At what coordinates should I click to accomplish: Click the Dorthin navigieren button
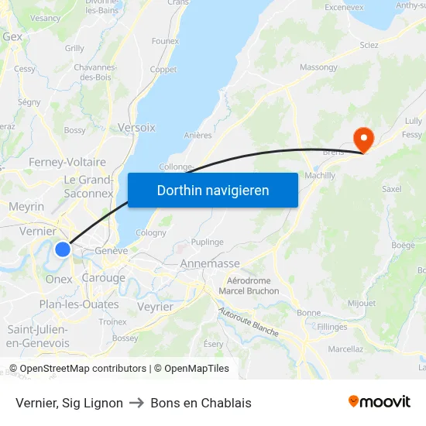pyautogui.click(x=213, y=190)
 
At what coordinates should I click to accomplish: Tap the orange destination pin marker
pyautogui.click(x=362, y=139)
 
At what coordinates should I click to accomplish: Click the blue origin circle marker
pyautogui.click(x=63, y=249)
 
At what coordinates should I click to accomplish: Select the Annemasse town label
pyautogui.click(x=209, y=263)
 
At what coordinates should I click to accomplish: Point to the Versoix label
pyautogui.click(x=136, y=127)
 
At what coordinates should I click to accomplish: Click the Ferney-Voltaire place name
pyautogui.click(x=67, y=162)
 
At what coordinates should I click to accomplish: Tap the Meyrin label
pyautogui.click(x=26, y=207)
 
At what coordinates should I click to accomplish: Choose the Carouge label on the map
pyautogui.click(x=103, y=278)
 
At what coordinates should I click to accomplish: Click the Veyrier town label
pyautogui.click(x=154, y=307)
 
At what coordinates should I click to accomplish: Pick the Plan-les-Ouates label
pyautogui.click(x=79, y=304)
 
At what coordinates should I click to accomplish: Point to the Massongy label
pyautogui.click(x=318, y=68)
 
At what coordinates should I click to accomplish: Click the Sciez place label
pyautogui.click(x=369, y=45)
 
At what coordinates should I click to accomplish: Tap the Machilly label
pyautogui.click(x=320, y=176)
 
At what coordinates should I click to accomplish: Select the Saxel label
pyautogui.click(x=392, y=188)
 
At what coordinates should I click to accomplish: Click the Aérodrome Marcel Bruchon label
pyautogui.click(x=249, y=286)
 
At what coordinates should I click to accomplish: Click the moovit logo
pyautogui.click(x=379, y=402)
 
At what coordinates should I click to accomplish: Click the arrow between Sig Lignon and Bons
pyautogui.click(x=137, y=403)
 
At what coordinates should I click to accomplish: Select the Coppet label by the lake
pyautogui.click(x=163, y=69)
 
